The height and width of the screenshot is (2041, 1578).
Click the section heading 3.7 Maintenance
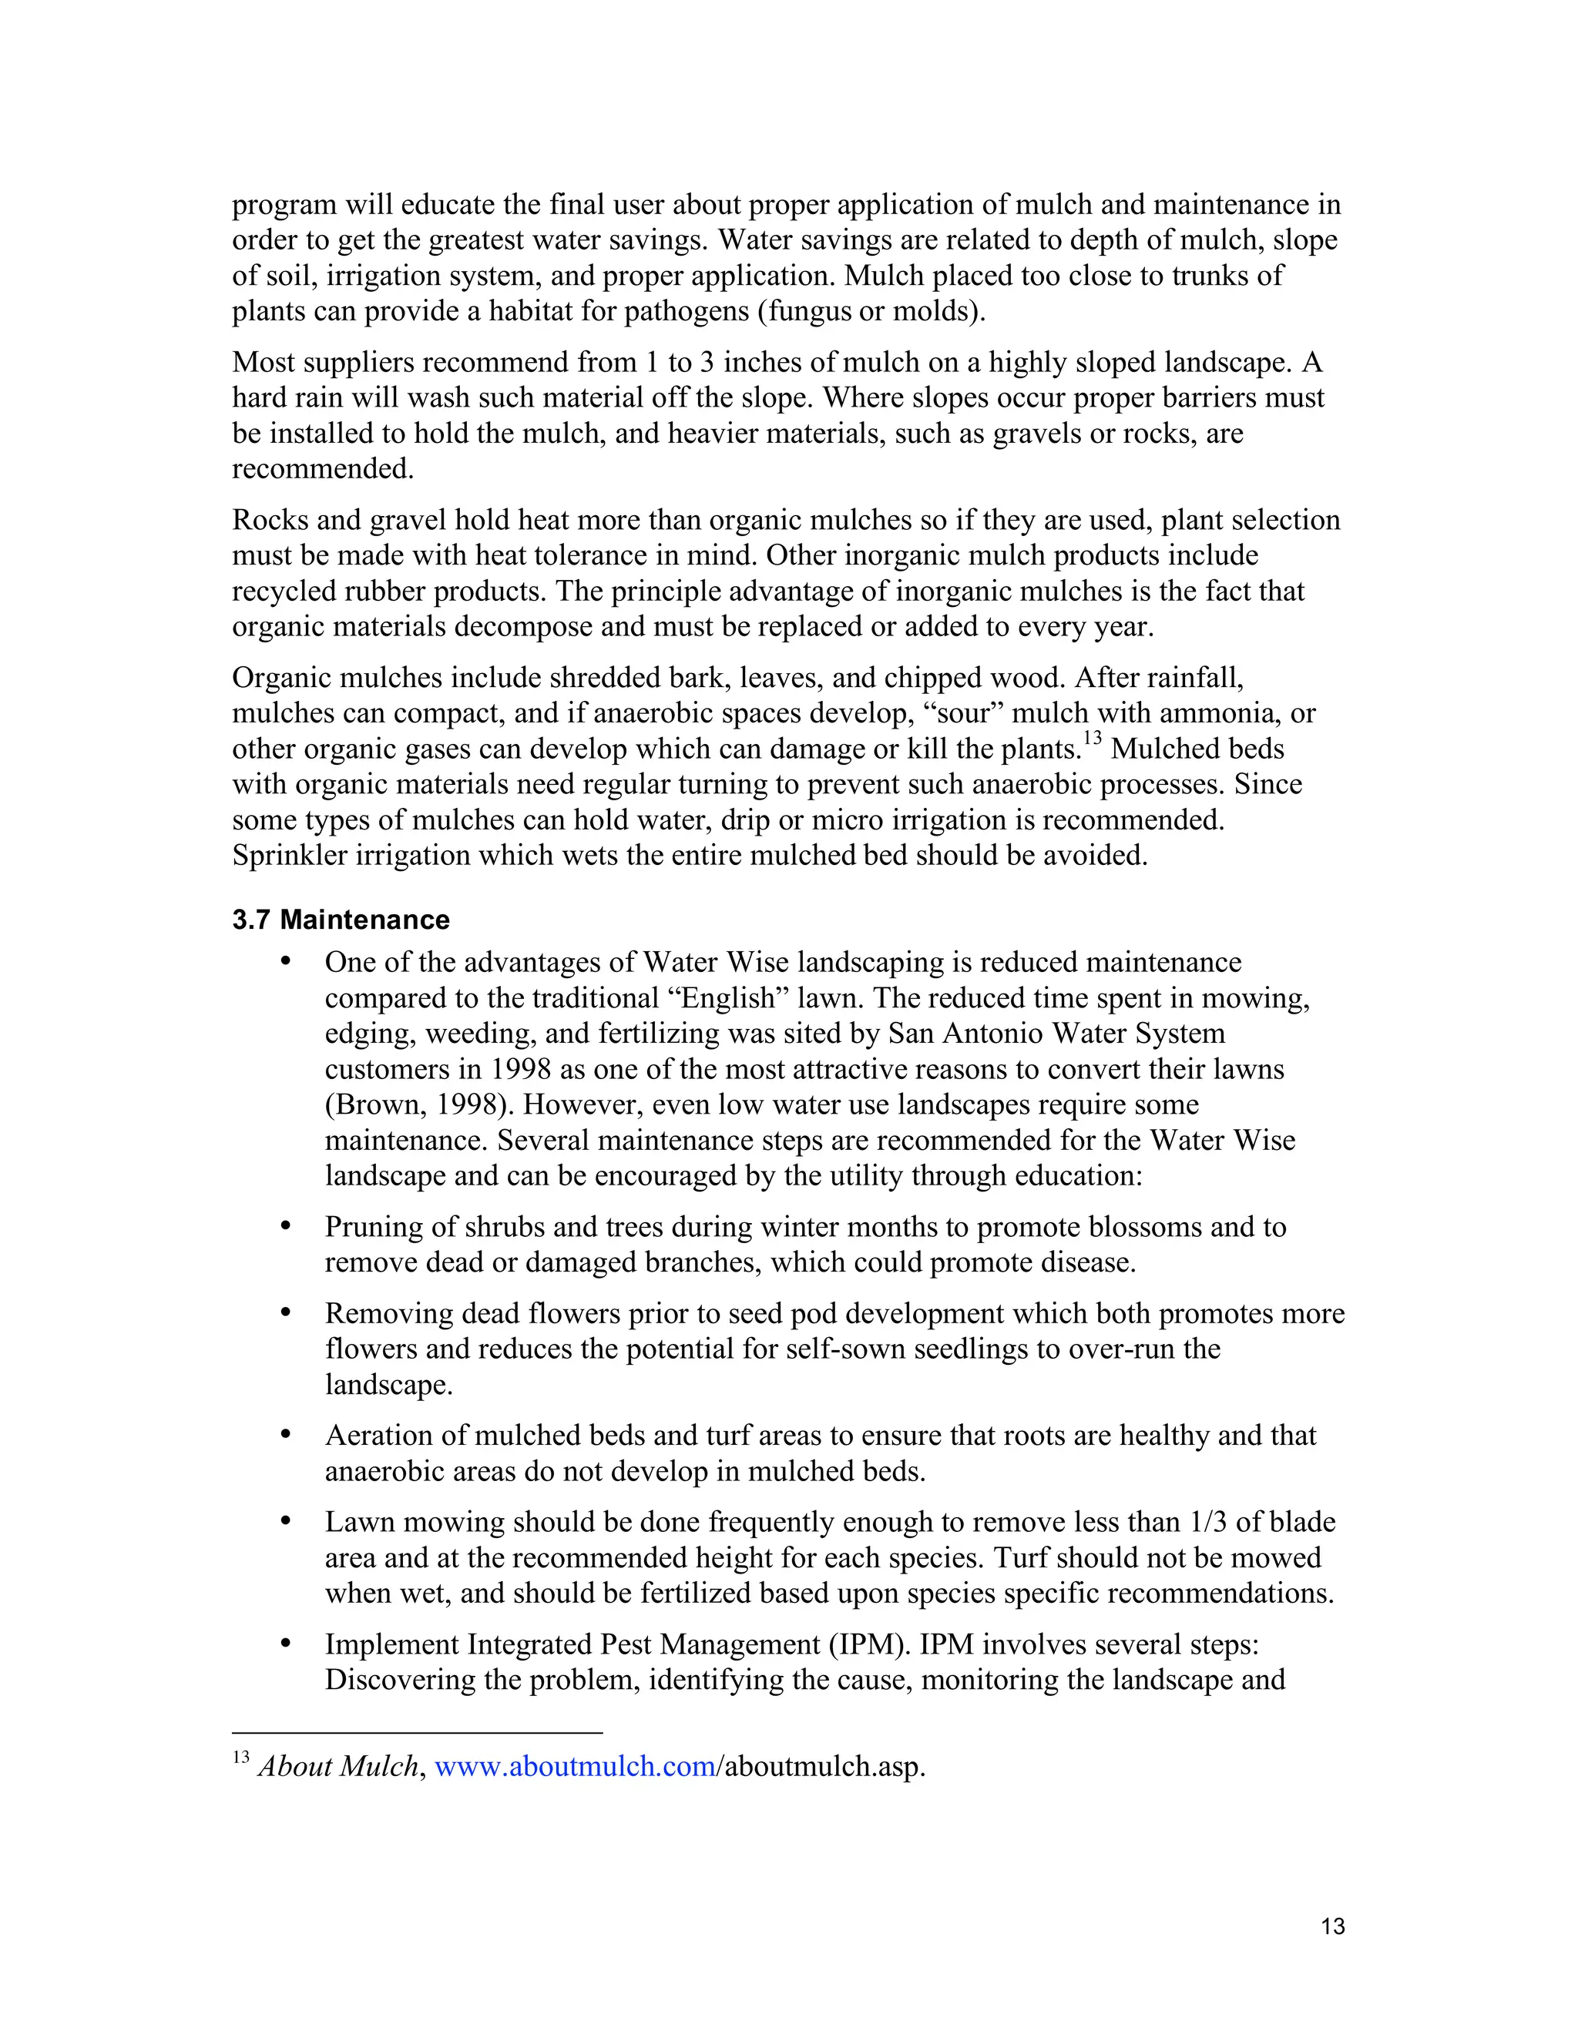pos(341,920)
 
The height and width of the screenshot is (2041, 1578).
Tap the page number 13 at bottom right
pos(1333,1926)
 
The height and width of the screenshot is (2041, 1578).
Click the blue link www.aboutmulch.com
pos(575,1766)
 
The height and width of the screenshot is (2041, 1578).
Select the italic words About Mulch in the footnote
pos(337,1766)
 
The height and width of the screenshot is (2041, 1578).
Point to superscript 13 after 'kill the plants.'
pos(1093,739)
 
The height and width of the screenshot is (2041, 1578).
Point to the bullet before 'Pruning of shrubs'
pos(286,1225)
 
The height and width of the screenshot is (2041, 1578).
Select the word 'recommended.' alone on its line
pos(323,468)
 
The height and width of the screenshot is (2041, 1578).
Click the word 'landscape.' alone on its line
pos(388,1384)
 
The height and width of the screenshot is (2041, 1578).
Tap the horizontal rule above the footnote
pos(417,1733)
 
